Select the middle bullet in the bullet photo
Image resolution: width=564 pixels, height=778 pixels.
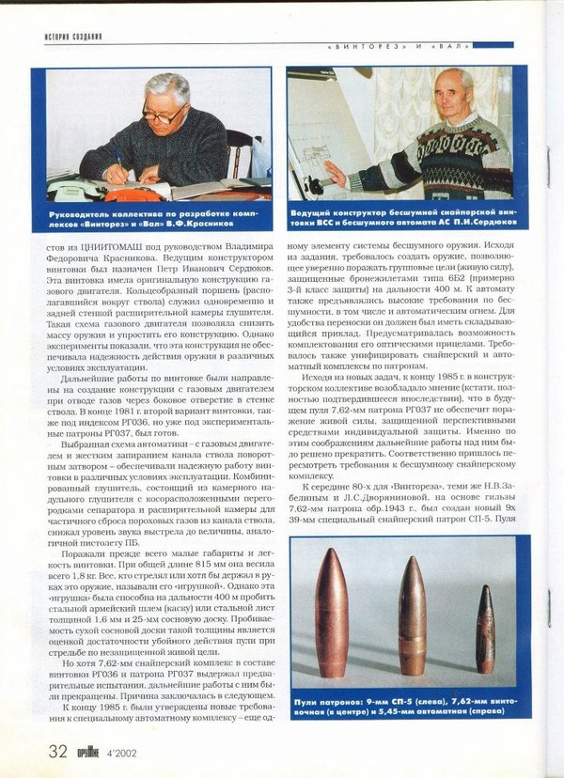click(x=412, y=616)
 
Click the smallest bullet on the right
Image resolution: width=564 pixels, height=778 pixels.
click(x=484, y=630)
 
